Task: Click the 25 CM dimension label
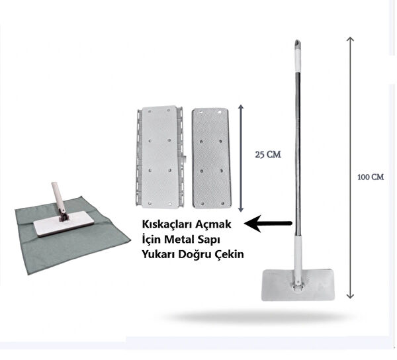268,154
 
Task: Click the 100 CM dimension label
371,177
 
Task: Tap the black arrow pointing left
269,223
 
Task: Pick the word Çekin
230,255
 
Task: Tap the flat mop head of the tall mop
298,285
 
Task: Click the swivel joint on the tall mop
298,284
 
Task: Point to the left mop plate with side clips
159,157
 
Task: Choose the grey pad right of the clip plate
210,158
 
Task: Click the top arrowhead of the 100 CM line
350,38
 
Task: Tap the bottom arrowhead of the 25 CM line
241,210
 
